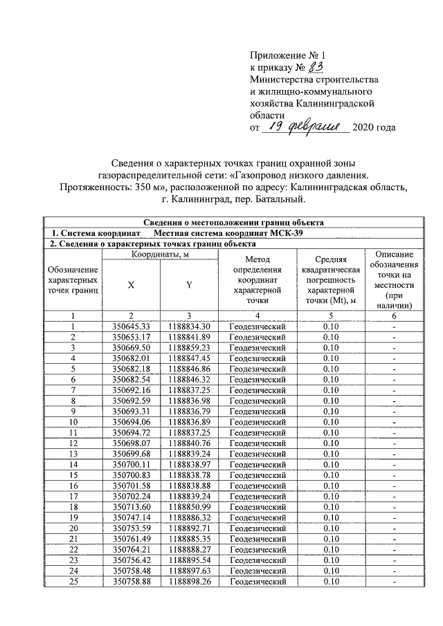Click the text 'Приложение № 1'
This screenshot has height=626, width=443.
click(x=285, y=55)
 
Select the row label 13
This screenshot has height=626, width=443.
click(x=72, y=454)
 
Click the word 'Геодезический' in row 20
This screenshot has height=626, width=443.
click(x=257, y=529)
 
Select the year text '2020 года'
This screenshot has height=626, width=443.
click(x=374, y=129)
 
